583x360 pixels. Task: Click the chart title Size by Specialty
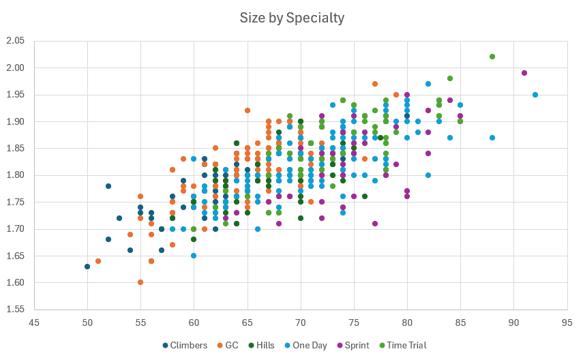(x=292, y=18)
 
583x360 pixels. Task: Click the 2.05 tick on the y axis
(x=15, y=41)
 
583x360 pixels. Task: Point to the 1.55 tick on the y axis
(x=15, y=309)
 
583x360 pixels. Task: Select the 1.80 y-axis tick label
(x=15, y=175)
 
